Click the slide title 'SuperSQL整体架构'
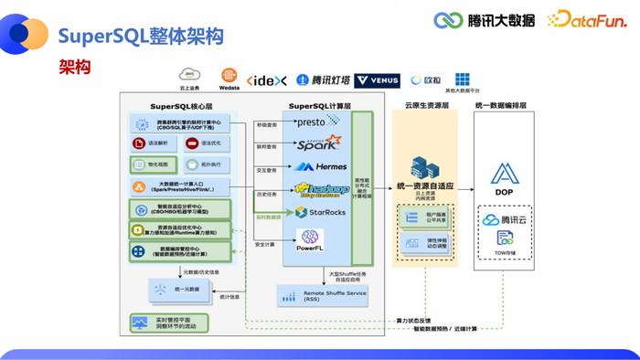(140, 36)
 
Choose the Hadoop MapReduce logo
(321, 189)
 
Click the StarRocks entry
(320, 213)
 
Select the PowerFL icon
(310, 240)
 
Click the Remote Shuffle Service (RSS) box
(321, 295)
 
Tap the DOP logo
(504, 177)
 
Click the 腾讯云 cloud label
(504, 220)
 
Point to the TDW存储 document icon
(505, 239)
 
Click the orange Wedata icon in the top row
(229, 77)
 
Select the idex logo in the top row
(267, 80)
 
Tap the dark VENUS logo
(378, 80)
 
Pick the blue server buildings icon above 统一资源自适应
(423, 167)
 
